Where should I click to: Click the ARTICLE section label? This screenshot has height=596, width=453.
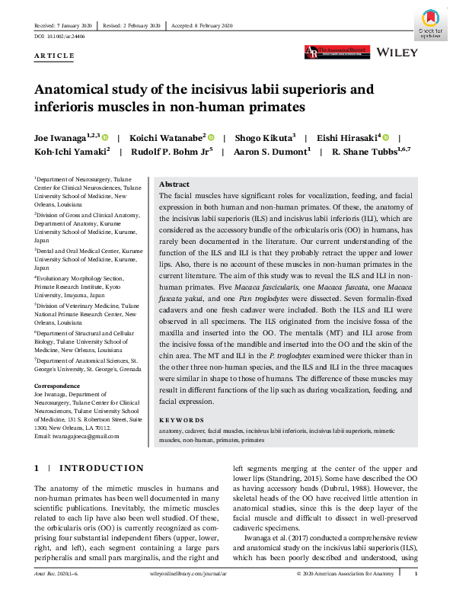pos(55,56)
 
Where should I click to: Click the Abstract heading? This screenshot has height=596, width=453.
pos(174,184)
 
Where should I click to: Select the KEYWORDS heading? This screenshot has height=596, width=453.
pos(181,420)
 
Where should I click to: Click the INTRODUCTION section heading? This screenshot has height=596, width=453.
pos(101,468)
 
